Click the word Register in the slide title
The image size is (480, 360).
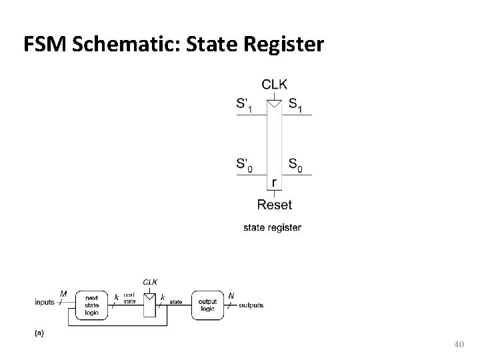pyautogui.click(x=284, y=45)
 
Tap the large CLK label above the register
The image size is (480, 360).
pyautogui.click(x=275, y=84)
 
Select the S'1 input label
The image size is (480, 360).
pyautogui.click(x=245, y=104)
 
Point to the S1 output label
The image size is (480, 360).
pyautogui.click(x=295, y=104)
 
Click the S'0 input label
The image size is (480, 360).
pyautogui.click(x=245, y=164)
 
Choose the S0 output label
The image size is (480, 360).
pyautogui.click(x=295, y=164)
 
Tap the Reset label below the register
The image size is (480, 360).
pyautogui.click(x=274, y=205)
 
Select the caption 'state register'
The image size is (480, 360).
pyautogui.click(x=272, y=227)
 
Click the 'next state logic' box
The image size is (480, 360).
pyautogui.click(x=92, y=305)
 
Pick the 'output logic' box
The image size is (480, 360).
pyautogui.click(x=207, y=305)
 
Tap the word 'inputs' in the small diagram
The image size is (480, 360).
pyautogui.click(x=45, y=303)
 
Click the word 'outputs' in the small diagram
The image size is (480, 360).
pyautogui.click(x=251, y=305)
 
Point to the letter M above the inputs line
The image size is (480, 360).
pyautogui.click(x=63, y=293)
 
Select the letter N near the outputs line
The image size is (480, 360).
pyautogui.click(x=231, y=295)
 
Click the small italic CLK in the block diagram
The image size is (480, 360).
pyautogui.click(x=150, y=282)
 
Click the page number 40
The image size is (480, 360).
pyautogui.click(x=457, y=344)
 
